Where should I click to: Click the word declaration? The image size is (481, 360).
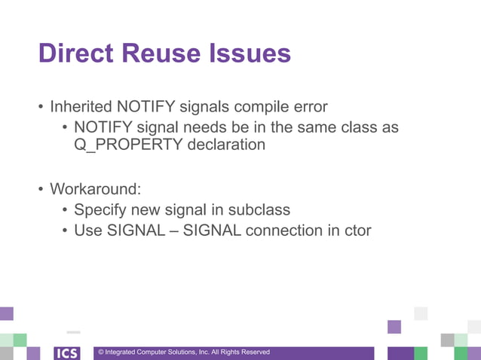click(x=226, y=145)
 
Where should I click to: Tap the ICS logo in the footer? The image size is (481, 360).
click(x=67, y=352)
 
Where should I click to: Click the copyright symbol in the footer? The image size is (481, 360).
click(x=101, y=352)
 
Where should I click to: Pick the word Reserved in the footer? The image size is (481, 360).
click(x=255, y=352)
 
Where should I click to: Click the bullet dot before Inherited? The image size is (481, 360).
click(x=41, y=106)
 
